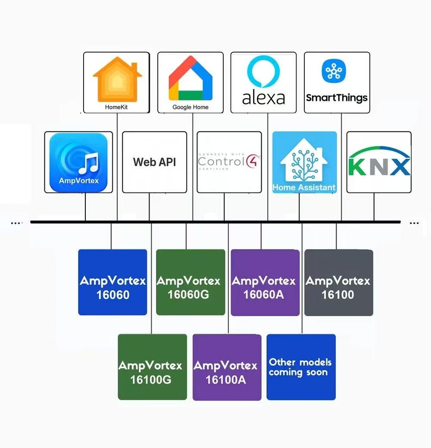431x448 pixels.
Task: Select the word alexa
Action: (263, 98)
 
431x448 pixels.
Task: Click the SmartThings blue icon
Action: (334, 72)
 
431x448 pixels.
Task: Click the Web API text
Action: (154, 162)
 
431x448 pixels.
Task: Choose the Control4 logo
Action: (229, 162)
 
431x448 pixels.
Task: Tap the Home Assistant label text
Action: (304, 187)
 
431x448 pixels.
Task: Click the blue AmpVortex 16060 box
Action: (112, 282)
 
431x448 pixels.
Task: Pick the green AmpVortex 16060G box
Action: (190, 282)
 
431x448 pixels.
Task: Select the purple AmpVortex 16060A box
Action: (265, 283)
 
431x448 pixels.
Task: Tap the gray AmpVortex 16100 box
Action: (338, 283)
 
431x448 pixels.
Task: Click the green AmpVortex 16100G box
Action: (152, 367)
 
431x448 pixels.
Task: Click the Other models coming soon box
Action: (301, 367)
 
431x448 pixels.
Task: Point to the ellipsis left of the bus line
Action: (16, 223)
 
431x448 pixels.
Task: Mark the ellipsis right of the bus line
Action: (414, 223)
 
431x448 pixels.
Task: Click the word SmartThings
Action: (337, 98)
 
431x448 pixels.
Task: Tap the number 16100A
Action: (226, 380)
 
